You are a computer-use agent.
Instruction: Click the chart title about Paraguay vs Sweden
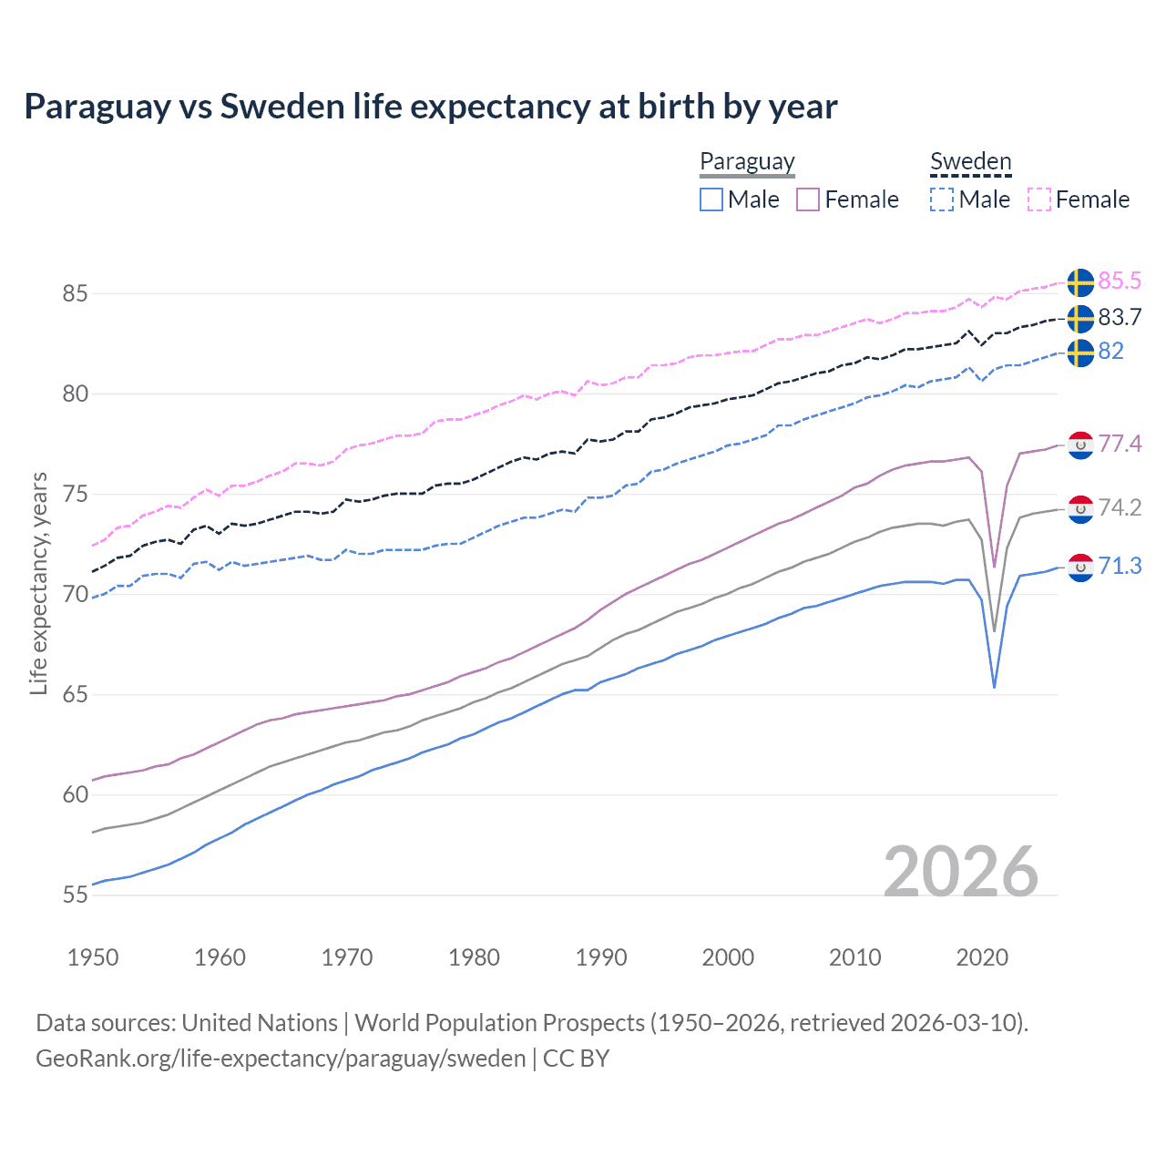pos(430,107)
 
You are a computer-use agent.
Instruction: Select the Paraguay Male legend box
pos(711,199)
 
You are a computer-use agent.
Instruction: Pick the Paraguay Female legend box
pos(808,199)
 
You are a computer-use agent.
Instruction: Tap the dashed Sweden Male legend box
pos(942,199)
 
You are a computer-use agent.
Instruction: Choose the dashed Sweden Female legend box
pos(1039,199)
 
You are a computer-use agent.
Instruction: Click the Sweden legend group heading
pos(970,161)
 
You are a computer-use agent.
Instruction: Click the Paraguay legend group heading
pos(747,161)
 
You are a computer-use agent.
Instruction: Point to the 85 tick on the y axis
pos(75,293)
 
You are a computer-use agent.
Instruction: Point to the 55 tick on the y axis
pos(75,895)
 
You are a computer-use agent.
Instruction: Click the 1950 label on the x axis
pos(93,957)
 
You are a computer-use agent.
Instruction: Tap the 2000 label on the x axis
pos(728,957)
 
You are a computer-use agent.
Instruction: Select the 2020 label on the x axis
pos(982,957)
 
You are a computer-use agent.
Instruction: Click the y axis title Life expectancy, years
pos(38,583)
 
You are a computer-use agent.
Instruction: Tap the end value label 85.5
pos(1120,281)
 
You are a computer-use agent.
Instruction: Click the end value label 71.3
pos(1120,566)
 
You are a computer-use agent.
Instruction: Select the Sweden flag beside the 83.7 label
pos(1080,318)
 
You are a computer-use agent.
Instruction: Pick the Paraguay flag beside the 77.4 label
pos(1080,445)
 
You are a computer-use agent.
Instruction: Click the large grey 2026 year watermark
pos(961,872)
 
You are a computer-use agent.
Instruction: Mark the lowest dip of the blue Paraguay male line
pos(994,687)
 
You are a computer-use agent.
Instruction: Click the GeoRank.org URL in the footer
pos(281,1059)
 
